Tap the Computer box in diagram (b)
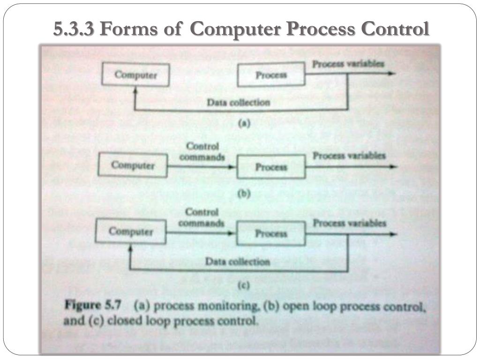133,165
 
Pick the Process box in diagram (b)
271,167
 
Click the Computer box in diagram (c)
131,232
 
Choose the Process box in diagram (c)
271,233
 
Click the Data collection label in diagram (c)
238,262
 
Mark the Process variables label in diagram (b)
349,155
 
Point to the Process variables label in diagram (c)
349,223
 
